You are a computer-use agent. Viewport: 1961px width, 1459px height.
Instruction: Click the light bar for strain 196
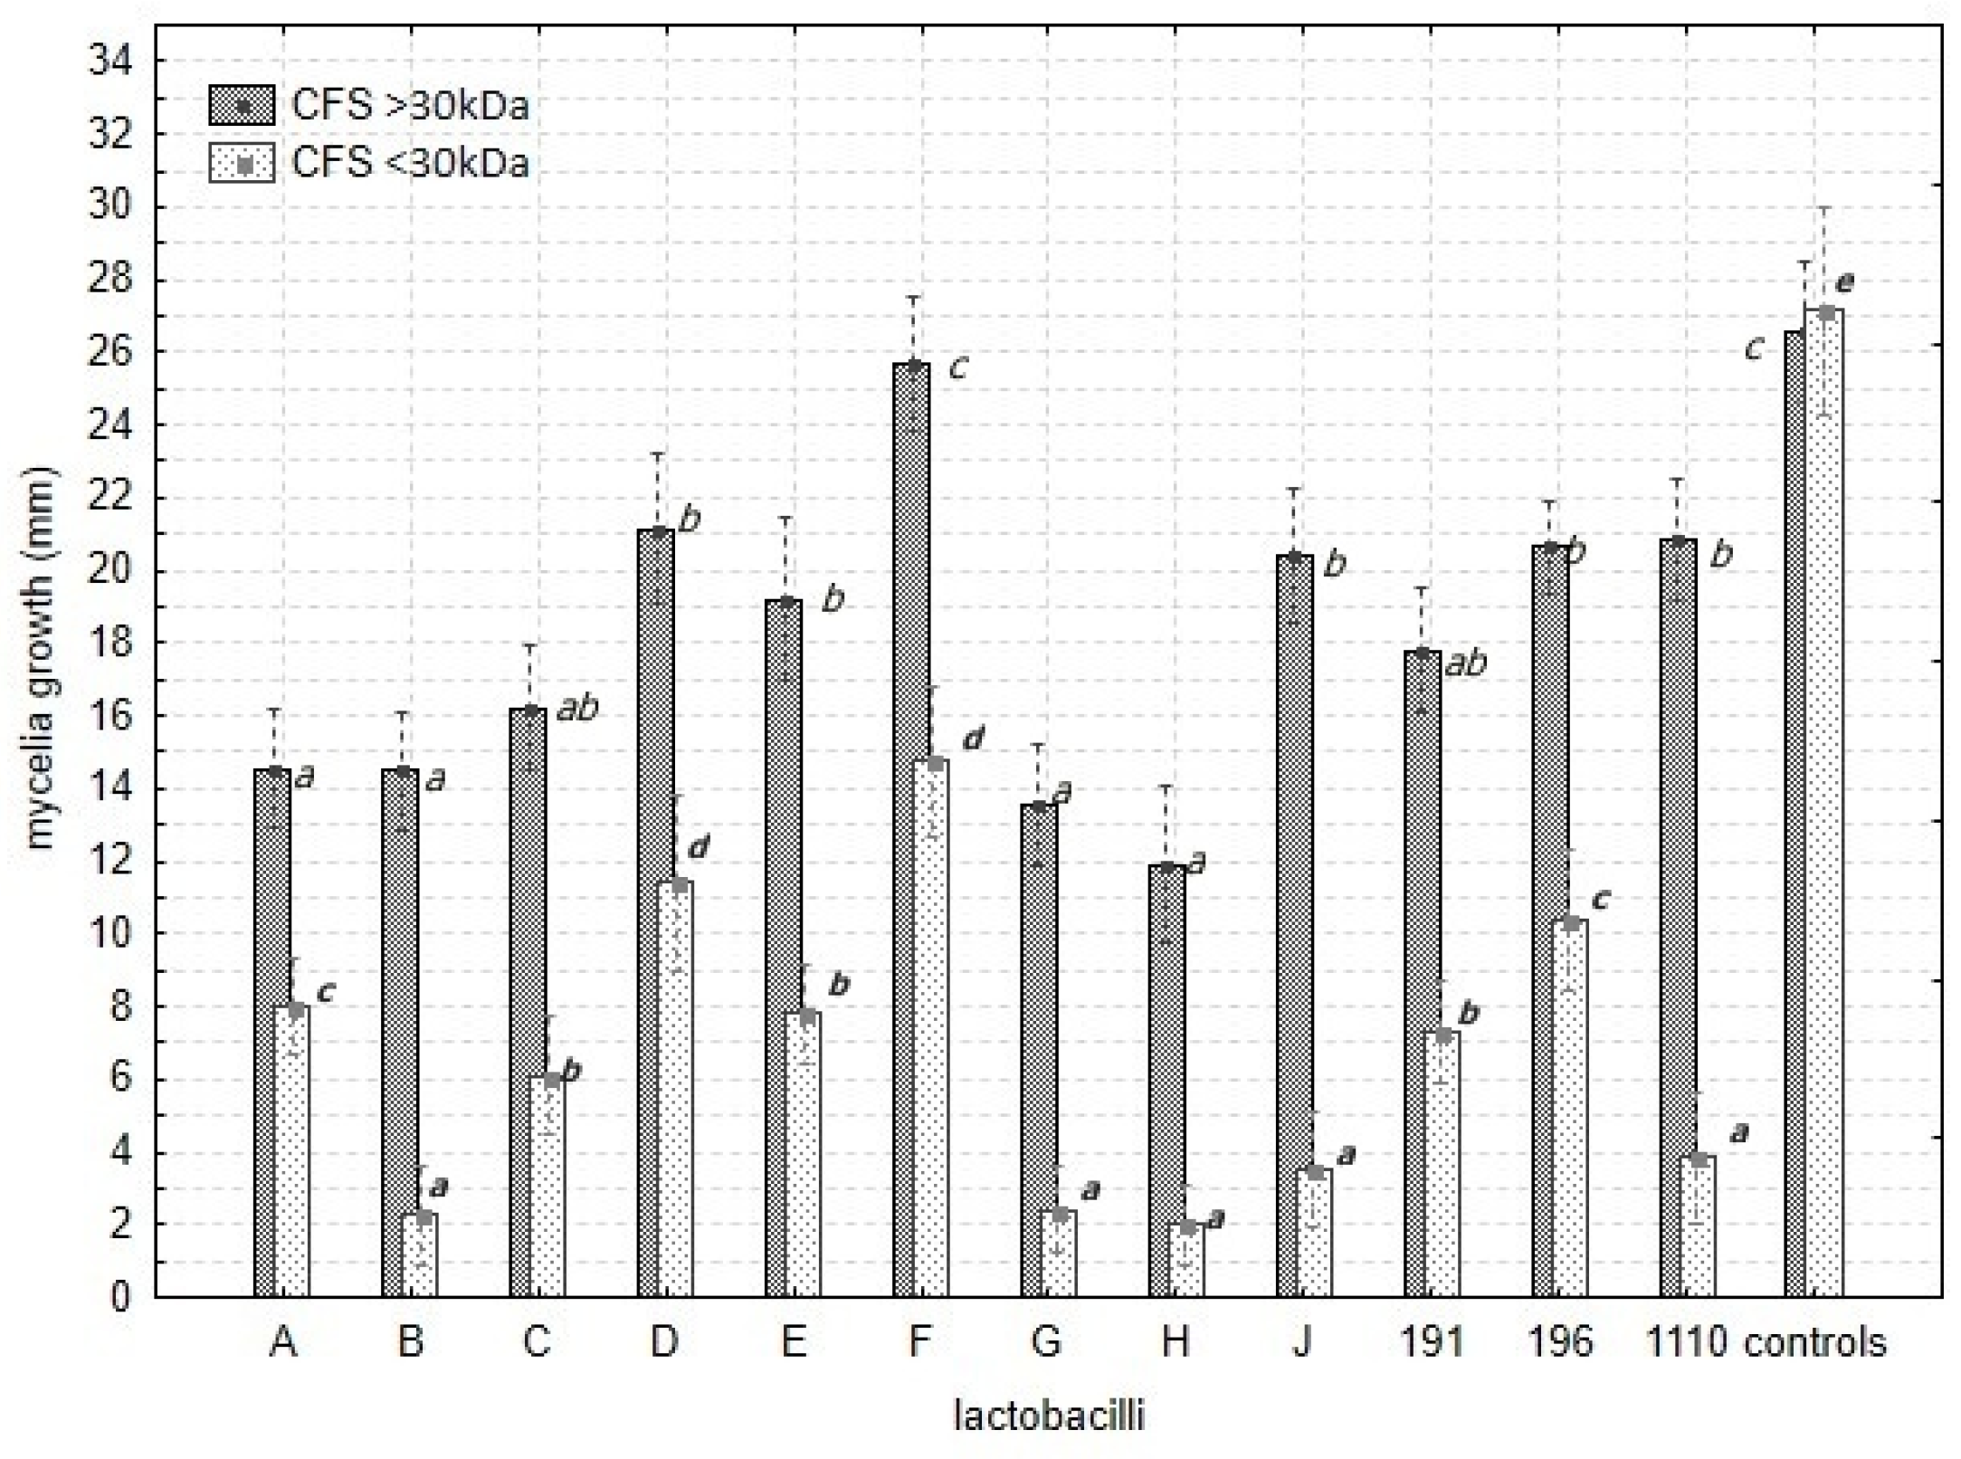coord(1571,1109)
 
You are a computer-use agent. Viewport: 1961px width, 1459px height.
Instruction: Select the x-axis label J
coord(1301,1342)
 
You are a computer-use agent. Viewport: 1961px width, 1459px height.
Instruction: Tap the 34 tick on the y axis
coord(109,62)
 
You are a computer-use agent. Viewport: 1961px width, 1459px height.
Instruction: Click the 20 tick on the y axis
coord(109,571)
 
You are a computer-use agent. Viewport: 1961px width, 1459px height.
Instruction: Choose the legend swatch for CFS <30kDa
coord(242,164)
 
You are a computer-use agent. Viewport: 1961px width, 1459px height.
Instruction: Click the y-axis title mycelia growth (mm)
coord(41,658)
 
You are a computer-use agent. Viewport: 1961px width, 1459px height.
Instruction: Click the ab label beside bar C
coord(577,709)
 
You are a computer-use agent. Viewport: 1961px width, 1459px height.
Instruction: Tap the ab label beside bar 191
coord(1466,663)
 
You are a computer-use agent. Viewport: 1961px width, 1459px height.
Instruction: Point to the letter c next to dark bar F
coord(958,367)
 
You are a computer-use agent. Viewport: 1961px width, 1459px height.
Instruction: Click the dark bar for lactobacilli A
coord(272,1032)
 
